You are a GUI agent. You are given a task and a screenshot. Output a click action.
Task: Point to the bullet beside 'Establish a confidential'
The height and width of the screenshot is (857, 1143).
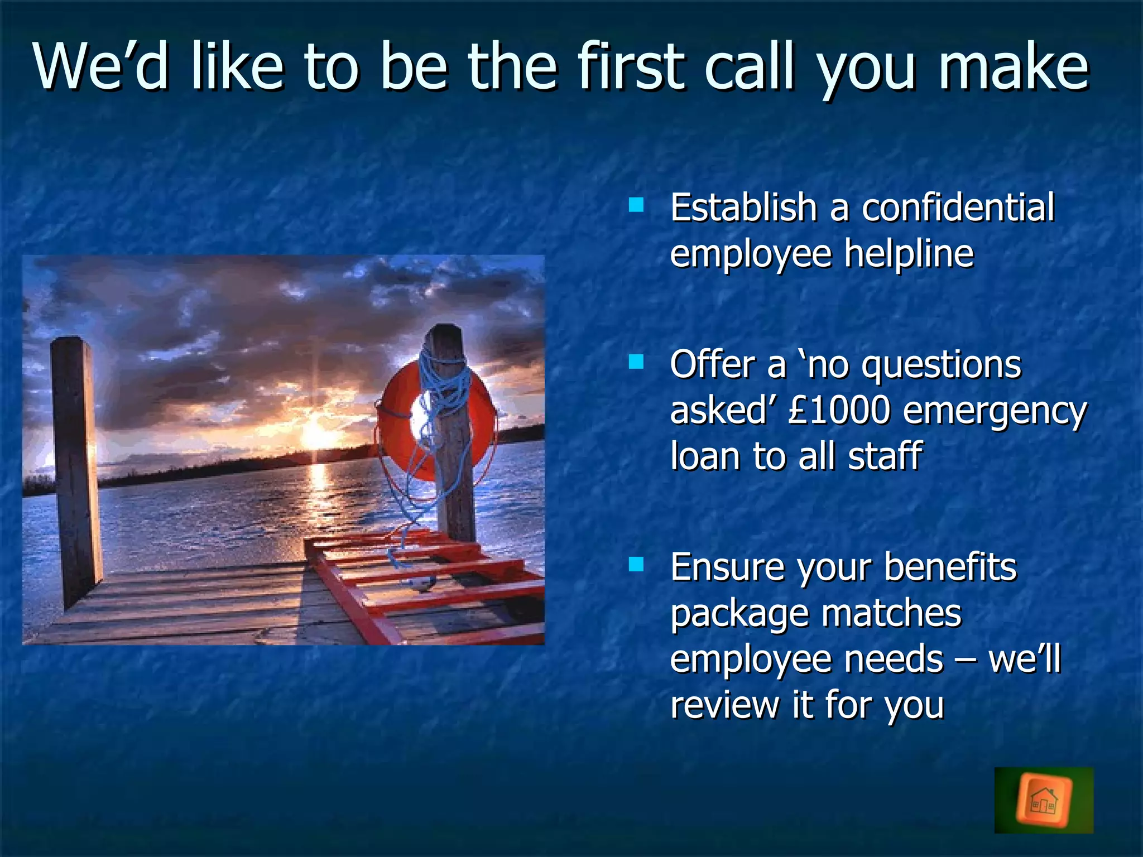(x=636, y=205)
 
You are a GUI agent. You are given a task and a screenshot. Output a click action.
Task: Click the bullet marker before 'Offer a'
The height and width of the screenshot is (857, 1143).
(x=636, y=363)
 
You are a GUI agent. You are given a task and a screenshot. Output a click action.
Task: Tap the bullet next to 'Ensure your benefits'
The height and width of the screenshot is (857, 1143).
(x=636, y=565)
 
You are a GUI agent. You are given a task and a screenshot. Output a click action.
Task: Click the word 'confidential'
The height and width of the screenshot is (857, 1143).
(x=958, y=208)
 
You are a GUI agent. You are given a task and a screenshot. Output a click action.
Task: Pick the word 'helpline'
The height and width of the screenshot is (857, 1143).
(x=909, y=254)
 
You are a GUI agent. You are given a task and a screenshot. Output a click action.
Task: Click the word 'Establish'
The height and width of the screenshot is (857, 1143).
(x=743, y=208)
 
